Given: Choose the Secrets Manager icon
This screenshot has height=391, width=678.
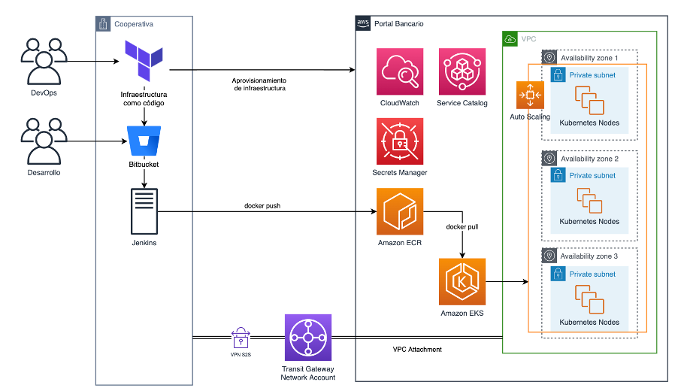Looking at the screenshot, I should click(x=400, y=141).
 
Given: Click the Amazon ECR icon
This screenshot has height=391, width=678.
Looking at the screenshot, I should click(x=400, y=211).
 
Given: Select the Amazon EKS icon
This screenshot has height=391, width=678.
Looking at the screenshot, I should click(x=462, y=281).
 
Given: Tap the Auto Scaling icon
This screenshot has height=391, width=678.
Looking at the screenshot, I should click(x=530, y=95).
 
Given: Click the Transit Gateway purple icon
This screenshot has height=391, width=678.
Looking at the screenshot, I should click(x=308, y=338).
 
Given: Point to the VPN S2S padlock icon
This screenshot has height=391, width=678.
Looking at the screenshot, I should click(x=241, y=337).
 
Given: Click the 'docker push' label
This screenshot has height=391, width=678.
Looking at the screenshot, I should click(x=262, y=205).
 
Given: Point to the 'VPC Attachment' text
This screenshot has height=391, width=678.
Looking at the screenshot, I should click(x=417, y=350).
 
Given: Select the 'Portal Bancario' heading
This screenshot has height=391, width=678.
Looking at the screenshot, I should click(x=398, y=24).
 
